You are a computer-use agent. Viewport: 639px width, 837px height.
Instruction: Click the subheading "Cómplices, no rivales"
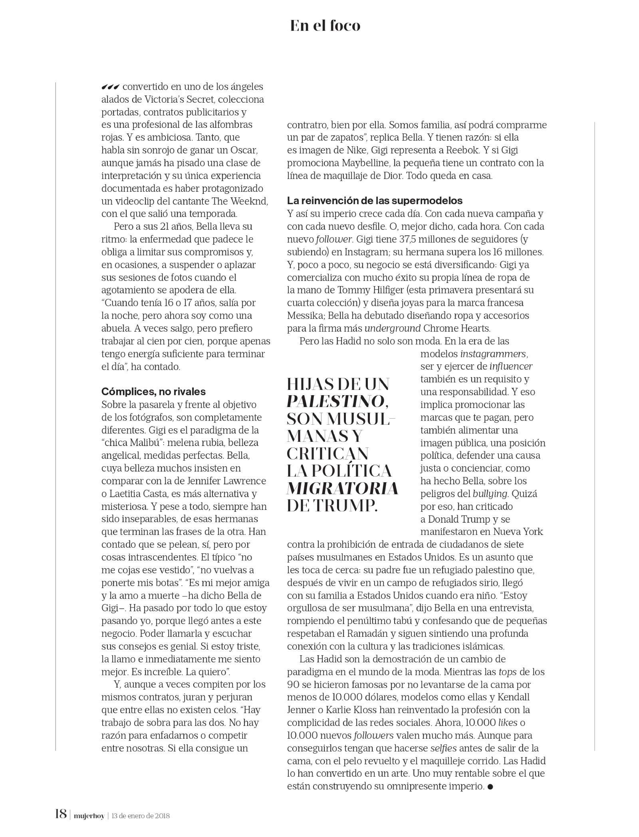tap(153, 391)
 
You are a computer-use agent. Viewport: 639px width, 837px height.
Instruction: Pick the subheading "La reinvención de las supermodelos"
tap(375, 200)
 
